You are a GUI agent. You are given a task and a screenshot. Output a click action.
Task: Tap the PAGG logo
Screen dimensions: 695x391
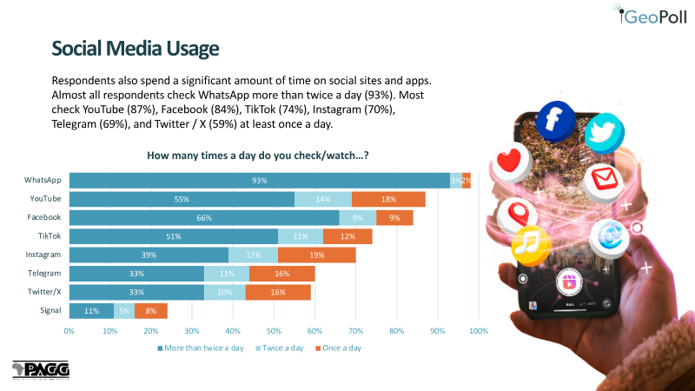pos(41,370)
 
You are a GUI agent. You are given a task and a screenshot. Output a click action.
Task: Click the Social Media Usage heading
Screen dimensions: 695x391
pos(136,49)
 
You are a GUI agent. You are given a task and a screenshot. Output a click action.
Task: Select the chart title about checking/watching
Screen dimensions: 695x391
pos(257,156)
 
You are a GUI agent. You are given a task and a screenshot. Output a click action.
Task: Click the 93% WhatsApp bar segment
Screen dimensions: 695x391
pos(259,181)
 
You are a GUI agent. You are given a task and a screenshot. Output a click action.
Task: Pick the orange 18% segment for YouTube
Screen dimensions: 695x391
pos(388,199)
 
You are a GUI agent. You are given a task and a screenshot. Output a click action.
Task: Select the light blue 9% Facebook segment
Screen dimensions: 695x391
pos(358,218)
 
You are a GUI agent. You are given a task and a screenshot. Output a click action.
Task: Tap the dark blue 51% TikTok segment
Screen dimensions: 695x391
pos(174,236)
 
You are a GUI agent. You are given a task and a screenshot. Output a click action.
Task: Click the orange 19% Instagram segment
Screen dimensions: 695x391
pos(317,255)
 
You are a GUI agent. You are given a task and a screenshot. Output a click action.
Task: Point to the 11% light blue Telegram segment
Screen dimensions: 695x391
pos(227,274)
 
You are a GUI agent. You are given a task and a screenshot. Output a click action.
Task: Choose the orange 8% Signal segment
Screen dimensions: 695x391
pos(151,311)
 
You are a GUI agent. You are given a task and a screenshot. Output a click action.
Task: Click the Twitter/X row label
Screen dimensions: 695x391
pos(44,292)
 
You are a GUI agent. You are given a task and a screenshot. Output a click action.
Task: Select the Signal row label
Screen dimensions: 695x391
pos(50,310)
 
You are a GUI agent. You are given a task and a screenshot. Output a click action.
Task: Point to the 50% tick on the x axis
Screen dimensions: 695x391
pos(274,331)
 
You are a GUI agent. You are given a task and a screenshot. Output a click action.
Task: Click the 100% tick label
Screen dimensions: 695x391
pos(479,331)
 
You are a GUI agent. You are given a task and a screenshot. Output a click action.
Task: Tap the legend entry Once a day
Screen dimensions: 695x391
pos(338,348)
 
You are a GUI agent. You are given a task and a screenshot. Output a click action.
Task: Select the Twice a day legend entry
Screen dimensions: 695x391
pos(279,348)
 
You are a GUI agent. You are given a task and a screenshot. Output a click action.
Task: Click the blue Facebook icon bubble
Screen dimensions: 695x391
pos(556,121)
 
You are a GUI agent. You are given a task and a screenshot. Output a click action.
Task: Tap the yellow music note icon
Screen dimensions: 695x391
pos(531,245)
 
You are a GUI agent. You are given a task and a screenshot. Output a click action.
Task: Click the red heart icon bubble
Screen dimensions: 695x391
pos(511,162)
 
